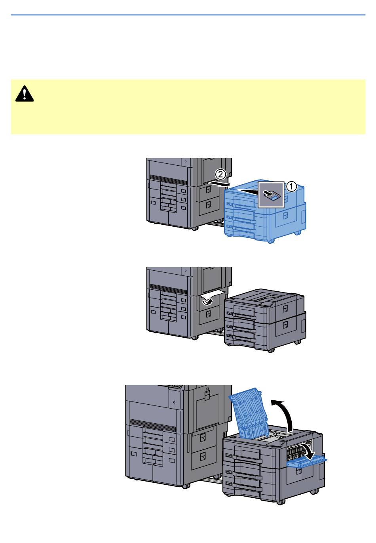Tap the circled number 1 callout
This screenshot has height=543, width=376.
292,187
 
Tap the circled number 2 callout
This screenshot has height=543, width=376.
220,174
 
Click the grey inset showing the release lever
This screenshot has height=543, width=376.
271,195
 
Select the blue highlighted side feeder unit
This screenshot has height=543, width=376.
265,211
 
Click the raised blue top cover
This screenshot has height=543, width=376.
248,417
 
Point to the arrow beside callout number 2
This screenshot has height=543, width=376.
218,184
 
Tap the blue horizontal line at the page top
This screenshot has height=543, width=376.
188,15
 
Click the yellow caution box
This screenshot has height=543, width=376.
188,107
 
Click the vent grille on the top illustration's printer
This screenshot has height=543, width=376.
168,180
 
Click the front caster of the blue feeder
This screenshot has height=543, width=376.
271,241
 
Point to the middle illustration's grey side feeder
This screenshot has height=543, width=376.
265,320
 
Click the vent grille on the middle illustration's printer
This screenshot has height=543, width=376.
168,289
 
